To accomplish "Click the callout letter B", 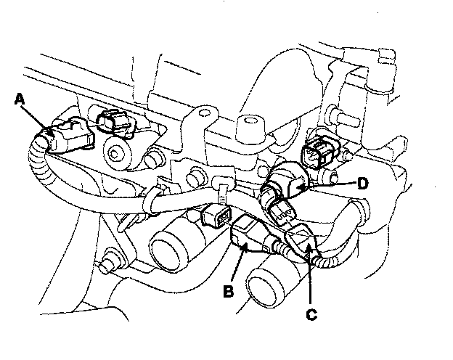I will tap(229, 291).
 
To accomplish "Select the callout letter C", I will tap(311, 314).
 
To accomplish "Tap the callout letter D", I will tap(363, 184).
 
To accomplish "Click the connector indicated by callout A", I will tap(67, 136).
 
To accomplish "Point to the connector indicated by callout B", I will tap(248, 237).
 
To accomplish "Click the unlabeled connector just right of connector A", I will tap(113, 122).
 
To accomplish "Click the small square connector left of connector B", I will tap(217, 216).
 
